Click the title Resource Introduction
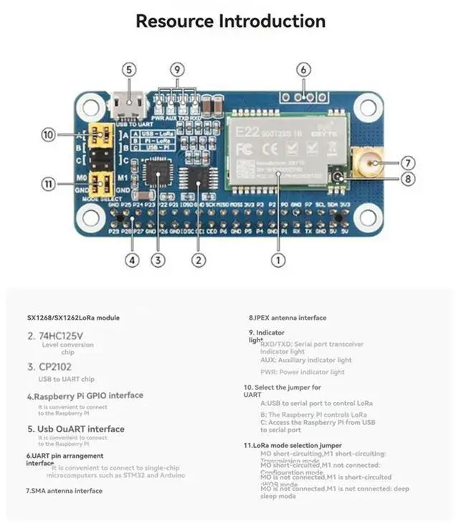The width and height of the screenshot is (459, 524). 230,21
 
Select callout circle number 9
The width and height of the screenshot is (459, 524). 178,70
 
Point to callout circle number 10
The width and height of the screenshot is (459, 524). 48,134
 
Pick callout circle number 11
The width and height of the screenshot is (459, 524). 48,184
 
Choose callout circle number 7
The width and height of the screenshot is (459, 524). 408,163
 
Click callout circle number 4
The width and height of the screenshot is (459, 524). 131,261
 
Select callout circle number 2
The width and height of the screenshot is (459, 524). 200,261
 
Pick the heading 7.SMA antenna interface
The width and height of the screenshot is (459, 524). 64,490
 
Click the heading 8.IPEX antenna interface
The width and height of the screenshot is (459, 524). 288,318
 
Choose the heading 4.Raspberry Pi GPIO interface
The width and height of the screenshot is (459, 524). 85,396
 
